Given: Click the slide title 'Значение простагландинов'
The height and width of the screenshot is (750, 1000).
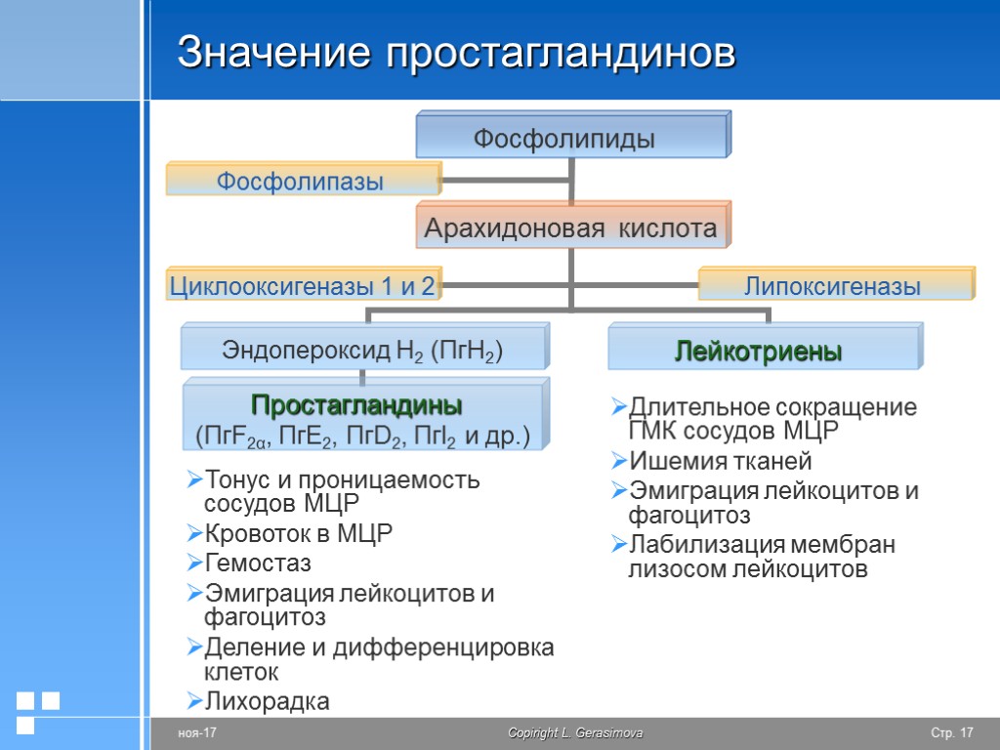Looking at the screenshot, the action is pyautogui.click(x=456, y=53).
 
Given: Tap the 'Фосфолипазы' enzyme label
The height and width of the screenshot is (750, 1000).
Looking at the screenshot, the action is pyautogui.click(x=299, y=181).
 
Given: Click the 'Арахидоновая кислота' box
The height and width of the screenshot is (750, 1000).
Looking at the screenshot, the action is pyautogui.click(x=570, y=229).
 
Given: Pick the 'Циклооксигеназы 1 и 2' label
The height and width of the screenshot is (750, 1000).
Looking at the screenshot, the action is pyautogui.click(x=303, y=286).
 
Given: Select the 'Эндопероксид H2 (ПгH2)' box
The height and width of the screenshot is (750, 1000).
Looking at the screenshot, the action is pyautogui.click(x=362, y=350).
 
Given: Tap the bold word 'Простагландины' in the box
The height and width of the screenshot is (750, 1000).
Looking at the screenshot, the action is pyautogui.click(x=356, y=404).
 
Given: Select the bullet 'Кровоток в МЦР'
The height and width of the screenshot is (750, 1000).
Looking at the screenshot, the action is pyautogui.click(x=298, y=534).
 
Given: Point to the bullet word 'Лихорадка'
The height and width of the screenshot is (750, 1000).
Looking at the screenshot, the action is pyautogui.click(x=267, y=701).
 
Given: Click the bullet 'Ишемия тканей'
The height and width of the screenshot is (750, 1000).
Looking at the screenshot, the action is pyautogui.click(x=721, y=461).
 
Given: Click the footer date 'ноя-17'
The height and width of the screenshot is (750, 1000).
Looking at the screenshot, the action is pyautogui.click(x=196, y=733).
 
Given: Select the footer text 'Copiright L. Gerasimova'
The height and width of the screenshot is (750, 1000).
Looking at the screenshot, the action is pyautogui.click(x=575, y=733).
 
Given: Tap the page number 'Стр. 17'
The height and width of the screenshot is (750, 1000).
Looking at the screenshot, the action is pyautogui.click(x=952, y=733).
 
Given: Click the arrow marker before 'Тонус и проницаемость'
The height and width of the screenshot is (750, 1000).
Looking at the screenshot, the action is pyautogui.click(x=193, y=480).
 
